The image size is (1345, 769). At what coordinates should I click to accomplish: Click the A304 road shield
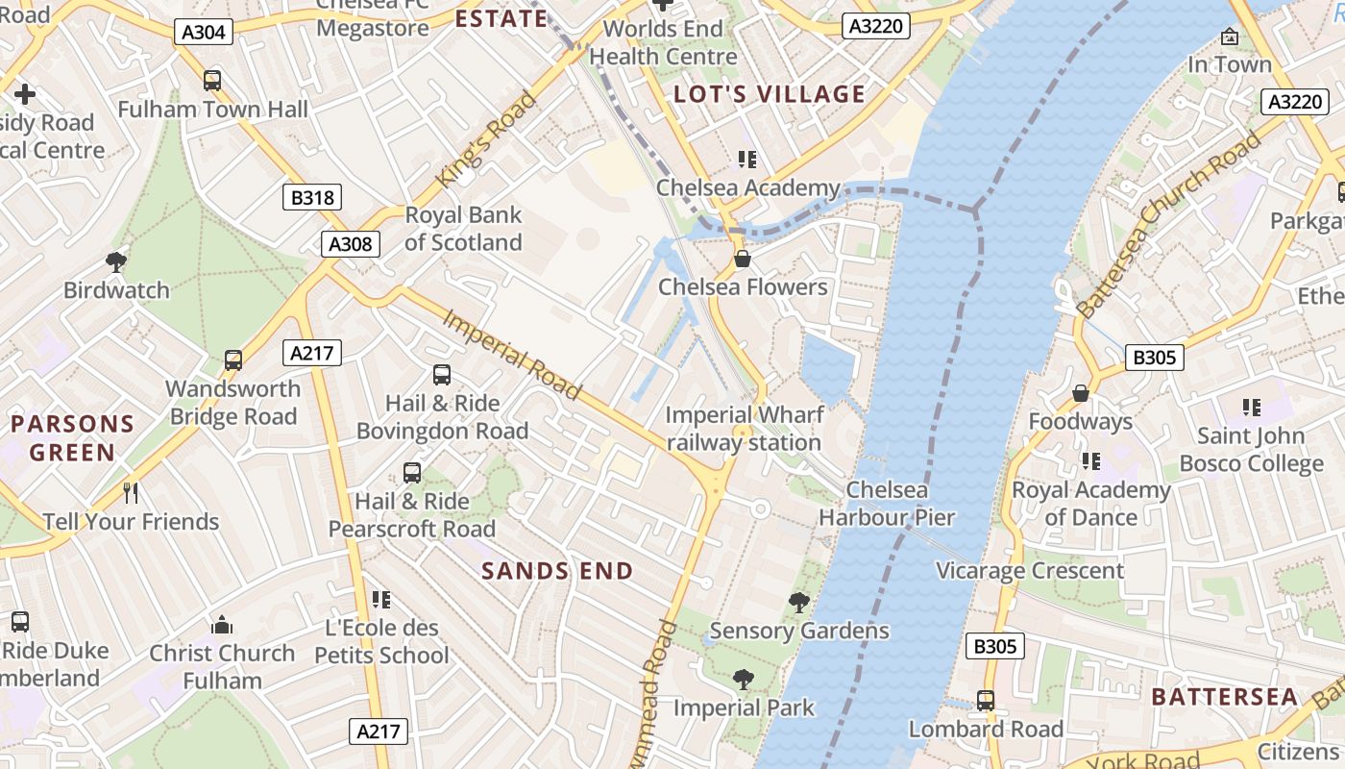click(x=204, y=32)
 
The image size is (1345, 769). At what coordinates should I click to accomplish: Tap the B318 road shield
click(x=312, y=198)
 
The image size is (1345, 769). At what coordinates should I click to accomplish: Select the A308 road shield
click(x=350, y=244)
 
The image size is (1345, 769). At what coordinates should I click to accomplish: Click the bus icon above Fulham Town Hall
click(x=212, y=81)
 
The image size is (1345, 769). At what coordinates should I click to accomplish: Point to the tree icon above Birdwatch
click(x=116, y=261)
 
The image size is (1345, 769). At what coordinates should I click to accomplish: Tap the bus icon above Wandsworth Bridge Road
click(x=232, y=360)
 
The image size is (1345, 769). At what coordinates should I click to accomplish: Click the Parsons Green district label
click(x=72, y=437)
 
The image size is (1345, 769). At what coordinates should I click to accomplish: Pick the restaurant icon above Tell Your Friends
click(x=131, y=493)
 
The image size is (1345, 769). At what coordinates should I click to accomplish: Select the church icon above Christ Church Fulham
click(x=222, y=625)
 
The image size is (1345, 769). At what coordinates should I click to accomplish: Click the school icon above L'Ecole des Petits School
click(x=381, y=600)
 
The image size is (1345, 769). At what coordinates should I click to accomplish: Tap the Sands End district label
click(x=557, y=571)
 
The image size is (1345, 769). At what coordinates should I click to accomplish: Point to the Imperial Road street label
click(x=511, y=354)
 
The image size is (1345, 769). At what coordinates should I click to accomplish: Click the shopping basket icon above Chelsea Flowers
click(x=742, y=259)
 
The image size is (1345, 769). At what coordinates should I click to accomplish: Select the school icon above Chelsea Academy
click(x=746, y=160)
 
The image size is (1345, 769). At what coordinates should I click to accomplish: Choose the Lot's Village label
click(x=770, y=94)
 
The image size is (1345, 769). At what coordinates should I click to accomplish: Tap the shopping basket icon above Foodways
click(x=1081, y=393)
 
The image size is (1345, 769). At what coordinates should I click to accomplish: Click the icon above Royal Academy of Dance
click(x=1090, y=461)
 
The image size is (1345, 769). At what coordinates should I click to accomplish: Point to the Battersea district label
click(x=1224, y=697)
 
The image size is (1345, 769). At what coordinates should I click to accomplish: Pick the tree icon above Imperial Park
click(x=743, y=680)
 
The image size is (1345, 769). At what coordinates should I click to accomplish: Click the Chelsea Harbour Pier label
click(x=887, y=504)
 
